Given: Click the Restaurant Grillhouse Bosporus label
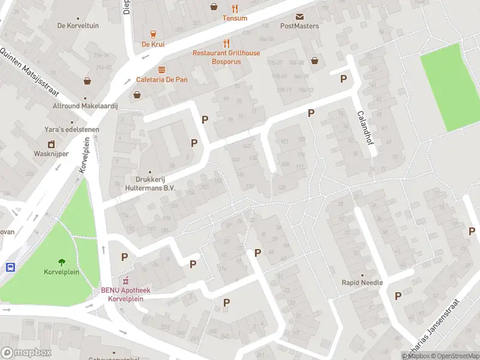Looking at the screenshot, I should tap(226, 57).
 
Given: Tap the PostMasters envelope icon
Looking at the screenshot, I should tap(299, 16).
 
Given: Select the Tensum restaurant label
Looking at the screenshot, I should tap(235, 18).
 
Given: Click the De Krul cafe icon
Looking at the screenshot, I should tap(153, 34).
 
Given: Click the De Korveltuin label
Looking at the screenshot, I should tap(77, 26).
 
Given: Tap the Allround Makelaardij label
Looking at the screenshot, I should tap(86, 106).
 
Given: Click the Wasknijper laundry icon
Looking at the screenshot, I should tap(52, 144).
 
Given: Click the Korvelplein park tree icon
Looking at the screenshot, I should tap(61, 262).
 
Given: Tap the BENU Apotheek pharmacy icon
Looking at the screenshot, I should tap(126, 281).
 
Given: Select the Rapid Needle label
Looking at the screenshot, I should tap(362, 283).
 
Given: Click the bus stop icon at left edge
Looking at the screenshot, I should tap(10, 268).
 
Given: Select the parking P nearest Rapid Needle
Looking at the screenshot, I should tap(397, 295).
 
